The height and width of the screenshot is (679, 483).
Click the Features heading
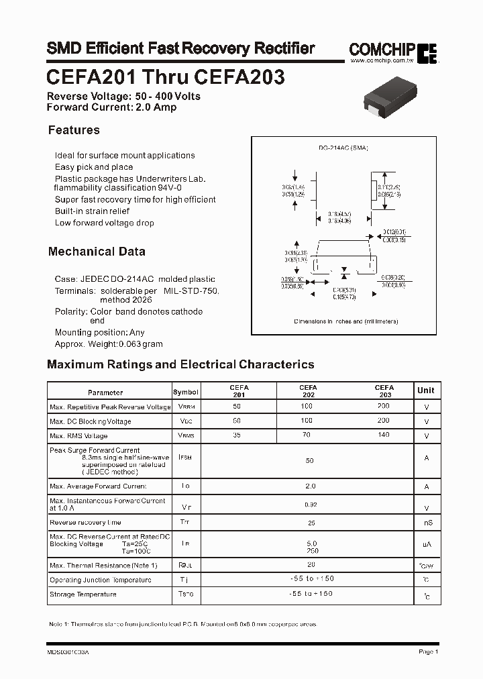point(74,130)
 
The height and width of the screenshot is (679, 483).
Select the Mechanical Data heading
point(97,252)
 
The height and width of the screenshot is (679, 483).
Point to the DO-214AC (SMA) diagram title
point(343,148)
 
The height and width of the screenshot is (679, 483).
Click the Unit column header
point(425,390)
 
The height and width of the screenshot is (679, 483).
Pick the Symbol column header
point(186,392)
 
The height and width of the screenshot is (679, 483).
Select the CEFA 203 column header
point(384,391)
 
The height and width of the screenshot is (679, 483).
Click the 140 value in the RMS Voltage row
point(383,435)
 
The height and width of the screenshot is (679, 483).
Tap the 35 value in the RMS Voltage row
point(236,435)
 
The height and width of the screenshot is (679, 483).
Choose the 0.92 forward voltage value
point(309,503)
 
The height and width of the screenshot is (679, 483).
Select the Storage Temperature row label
point(83,594)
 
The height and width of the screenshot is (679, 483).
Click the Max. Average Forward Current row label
point(98,486)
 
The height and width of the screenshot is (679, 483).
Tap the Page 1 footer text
point(428,651)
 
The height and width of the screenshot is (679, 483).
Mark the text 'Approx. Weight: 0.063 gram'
point(109,344)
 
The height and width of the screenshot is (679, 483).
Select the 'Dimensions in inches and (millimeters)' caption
point(346,321)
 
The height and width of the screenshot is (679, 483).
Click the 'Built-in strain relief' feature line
point(93,211)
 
